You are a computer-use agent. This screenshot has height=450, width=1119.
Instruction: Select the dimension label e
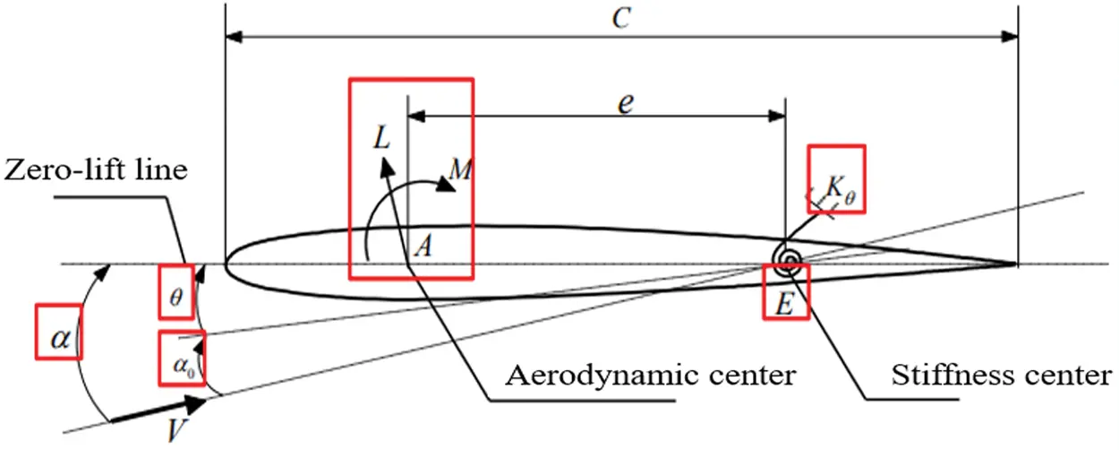[x=625, y=101]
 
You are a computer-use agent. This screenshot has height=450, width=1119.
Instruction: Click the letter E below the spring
[x=784, y=304]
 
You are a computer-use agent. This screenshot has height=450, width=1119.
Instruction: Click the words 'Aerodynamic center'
[x=651, y=375]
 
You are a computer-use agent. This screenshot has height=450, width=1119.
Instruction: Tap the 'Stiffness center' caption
[x=1001, y=375]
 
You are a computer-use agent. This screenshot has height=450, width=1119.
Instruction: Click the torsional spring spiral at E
[x=789, y=260]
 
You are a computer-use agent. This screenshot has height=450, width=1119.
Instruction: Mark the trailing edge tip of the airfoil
[x=1016, y=264]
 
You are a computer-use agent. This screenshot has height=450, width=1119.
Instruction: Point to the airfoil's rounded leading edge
[x=228, y=264]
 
